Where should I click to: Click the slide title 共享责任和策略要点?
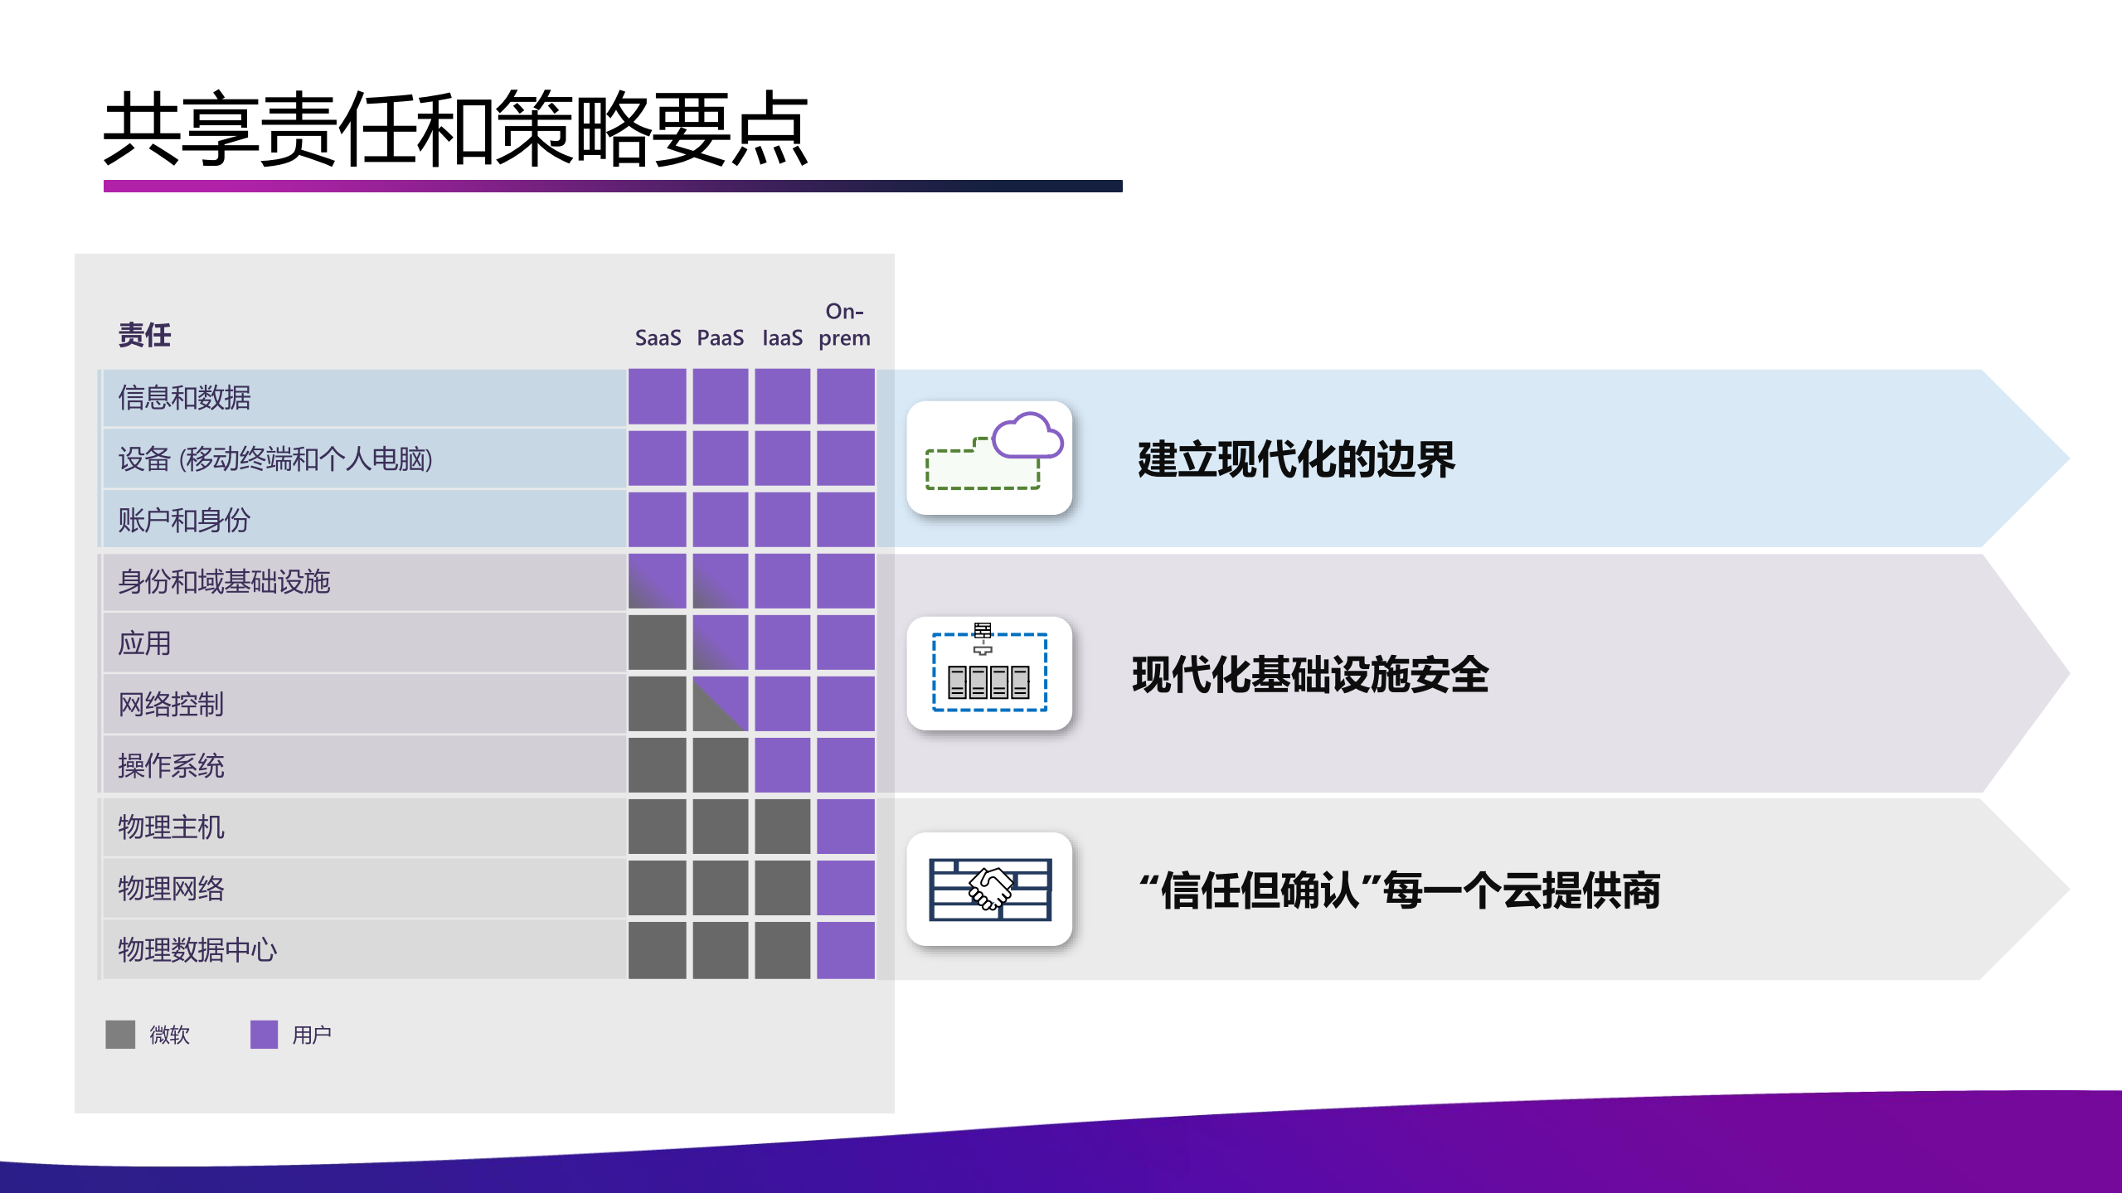[455, 129]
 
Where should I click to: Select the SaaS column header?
[658, 338]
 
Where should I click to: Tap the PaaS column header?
[720, 338]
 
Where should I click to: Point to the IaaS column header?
[782, 338]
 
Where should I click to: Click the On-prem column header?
[844, 325]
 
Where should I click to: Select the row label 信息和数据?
[184, 398]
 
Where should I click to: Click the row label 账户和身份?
[184, 521]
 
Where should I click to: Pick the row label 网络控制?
[171, 705]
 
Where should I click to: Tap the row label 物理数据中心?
[197, 950]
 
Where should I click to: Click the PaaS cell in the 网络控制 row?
[720, 704]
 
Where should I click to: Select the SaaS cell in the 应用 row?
[658, 643]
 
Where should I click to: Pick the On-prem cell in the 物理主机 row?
[845, 827]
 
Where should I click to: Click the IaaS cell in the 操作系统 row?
[782, 765]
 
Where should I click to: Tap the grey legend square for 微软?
[120, 1035]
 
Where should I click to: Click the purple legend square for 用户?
[264, 1035]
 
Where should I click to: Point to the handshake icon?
[990, 889]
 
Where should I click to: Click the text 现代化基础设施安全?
[1310, 674]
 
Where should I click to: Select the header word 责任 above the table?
[144, 335]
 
